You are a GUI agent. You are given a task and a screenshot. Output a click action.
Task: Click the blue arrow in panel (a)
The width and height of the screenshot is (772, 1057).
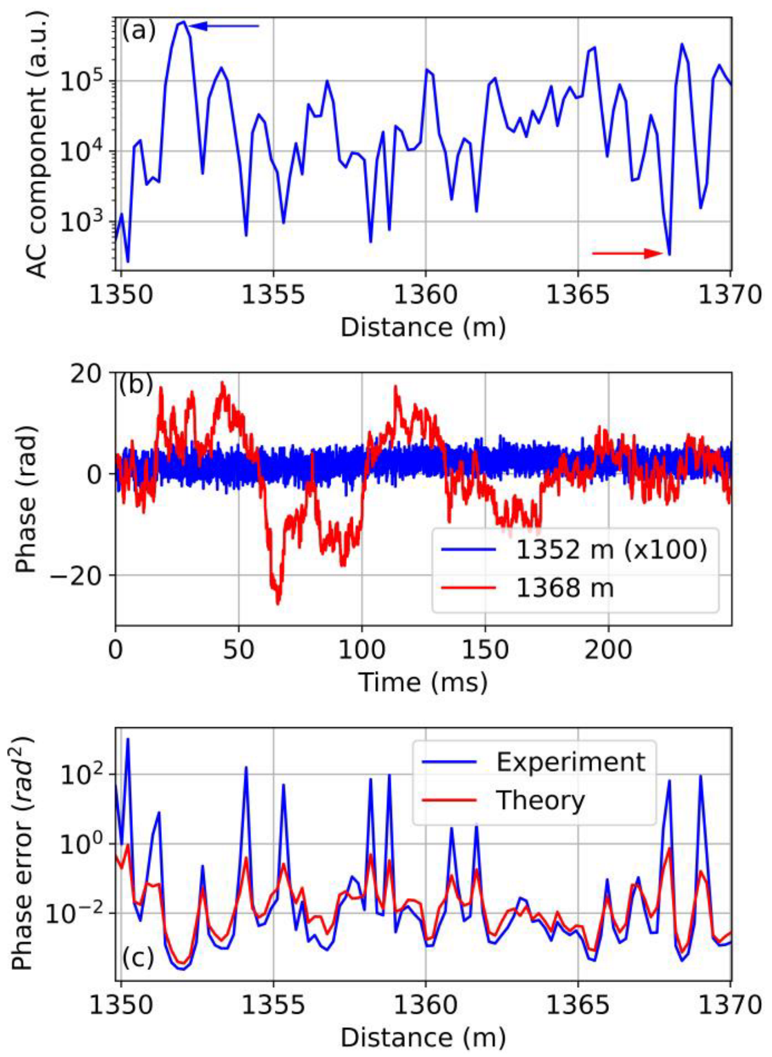[224, 26]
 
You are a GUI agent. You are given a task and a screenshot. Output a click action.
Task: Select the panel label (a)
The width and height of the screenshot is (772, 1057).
[138, 30]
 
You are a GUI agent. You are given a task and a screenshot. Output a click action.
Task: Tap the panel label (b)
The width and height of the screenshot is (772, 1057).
[135, 384]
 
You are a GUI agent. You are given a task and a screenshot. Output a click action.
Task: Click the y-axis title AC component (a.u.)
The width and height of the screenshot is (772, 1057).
[38, 145]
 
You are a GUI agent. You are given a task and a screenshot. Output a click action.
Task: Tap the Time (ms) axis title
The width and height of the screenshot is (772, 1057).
[423, 683]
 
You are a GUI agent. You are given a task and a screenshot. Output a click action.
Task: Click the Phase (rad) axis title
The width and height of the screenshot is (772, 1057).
[26, 499]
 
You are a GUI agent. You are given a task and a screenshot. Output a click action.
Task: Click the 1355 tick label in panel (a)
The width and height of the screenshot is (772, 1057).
[273, 295]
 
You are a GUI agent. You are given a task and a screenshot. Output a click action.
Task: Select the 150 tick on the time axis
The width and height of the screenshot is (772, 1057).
[485, 649]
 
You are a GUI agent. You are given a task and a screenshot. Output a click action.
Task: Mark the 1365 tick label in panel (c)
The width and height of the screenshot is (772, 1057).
[577, 1005]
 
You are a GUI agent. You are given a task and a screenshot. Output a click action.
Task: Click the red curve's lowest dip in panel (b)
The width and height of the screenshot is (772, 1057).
[278, 602]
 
